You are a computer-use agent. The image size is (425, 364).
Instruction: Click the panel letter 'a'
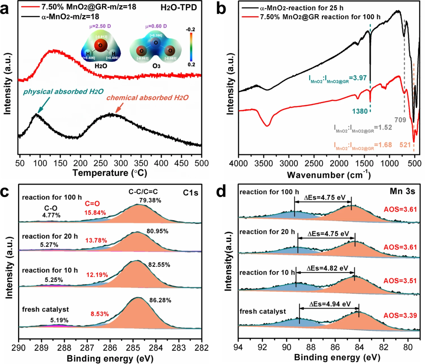click(9, 9)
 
